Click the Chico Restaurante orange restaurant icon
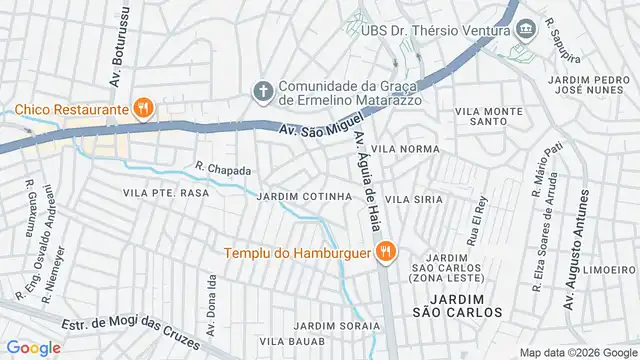(143, 107)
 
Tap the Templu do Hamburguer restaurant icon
(382, 252)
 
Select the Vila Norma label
(405, 148)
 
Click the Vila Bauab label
(293, 342)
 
